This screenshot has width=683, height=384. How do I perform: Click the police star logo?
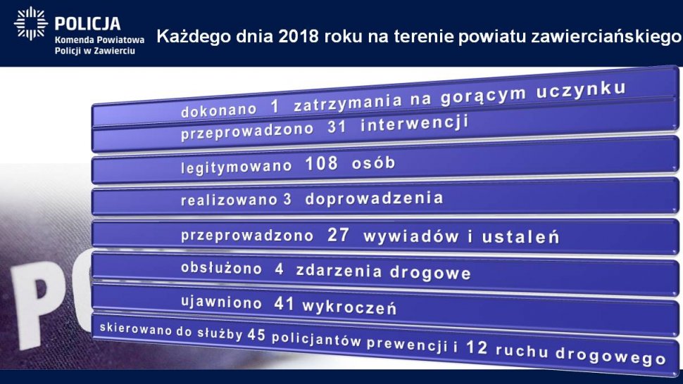[x=30, y=23]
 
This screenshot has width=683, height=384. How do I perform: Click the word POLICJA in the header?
[x=87, y=23]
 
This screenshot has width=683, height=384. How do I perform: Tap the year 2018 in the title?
[x=299, y=37]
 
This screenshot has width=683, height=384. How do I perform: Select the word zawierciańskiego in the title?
[x=606, y=37]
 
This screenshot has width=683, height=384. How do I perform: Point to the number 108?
[x=322, y=163]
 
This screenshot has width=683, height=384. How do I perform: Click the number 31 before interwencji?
[x=337, y=127]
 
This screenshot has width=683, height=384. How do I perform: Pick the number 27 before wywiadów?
[x=338, y=235]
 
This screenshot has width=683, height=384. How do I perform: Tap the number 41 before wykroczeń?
[x=284, y=304]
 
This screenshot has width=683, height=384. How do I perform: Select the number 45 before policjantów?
[x=256, y=335]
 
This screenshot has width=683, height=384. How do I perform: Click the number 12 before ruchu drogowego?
[x=477, y=347]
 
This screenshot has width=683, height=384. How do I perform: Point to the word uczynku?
[x=581, y=90]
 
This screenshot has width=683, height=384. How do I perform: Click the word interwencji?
[x=414, y=124]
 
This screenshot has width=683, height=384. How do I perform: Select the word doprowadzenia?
[x=374, y=198]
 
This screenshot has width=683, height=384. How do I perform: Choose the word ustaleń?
[x=520, y=237]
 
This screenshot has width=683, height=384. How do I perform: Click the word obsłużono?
[x=221, y=269]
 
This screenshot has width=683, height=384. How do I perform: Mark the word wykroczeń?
[x=349, y=307]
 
